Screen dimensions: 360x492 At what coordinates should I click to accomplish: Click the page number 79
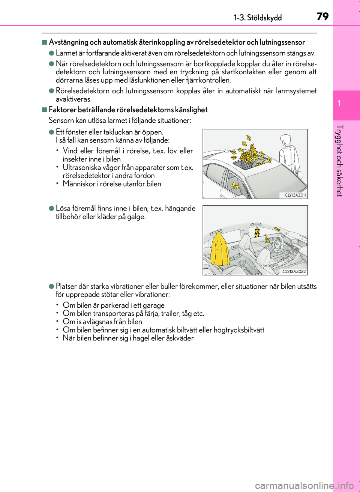322,16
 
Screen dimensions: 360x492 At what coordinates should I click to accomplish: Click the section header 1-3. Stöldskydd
258,18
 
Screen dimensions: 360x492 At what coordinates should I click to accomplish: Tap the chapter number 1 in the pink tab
339,103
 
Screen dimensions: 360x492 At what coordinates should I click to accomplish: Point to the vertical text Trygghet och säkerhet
339,161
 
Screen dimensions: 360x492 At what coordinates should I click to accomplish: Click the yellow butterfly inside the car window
236,186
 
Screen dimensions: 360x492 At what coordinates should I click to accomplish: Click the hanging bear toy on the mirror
256,233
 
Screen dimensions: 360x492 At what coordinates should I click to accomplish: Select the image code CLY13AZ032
294,271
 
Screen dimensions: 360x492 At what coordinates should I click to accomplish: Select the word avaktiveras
73,99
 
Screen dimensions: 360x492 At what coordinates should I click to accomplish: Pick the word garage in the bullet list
154,305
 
